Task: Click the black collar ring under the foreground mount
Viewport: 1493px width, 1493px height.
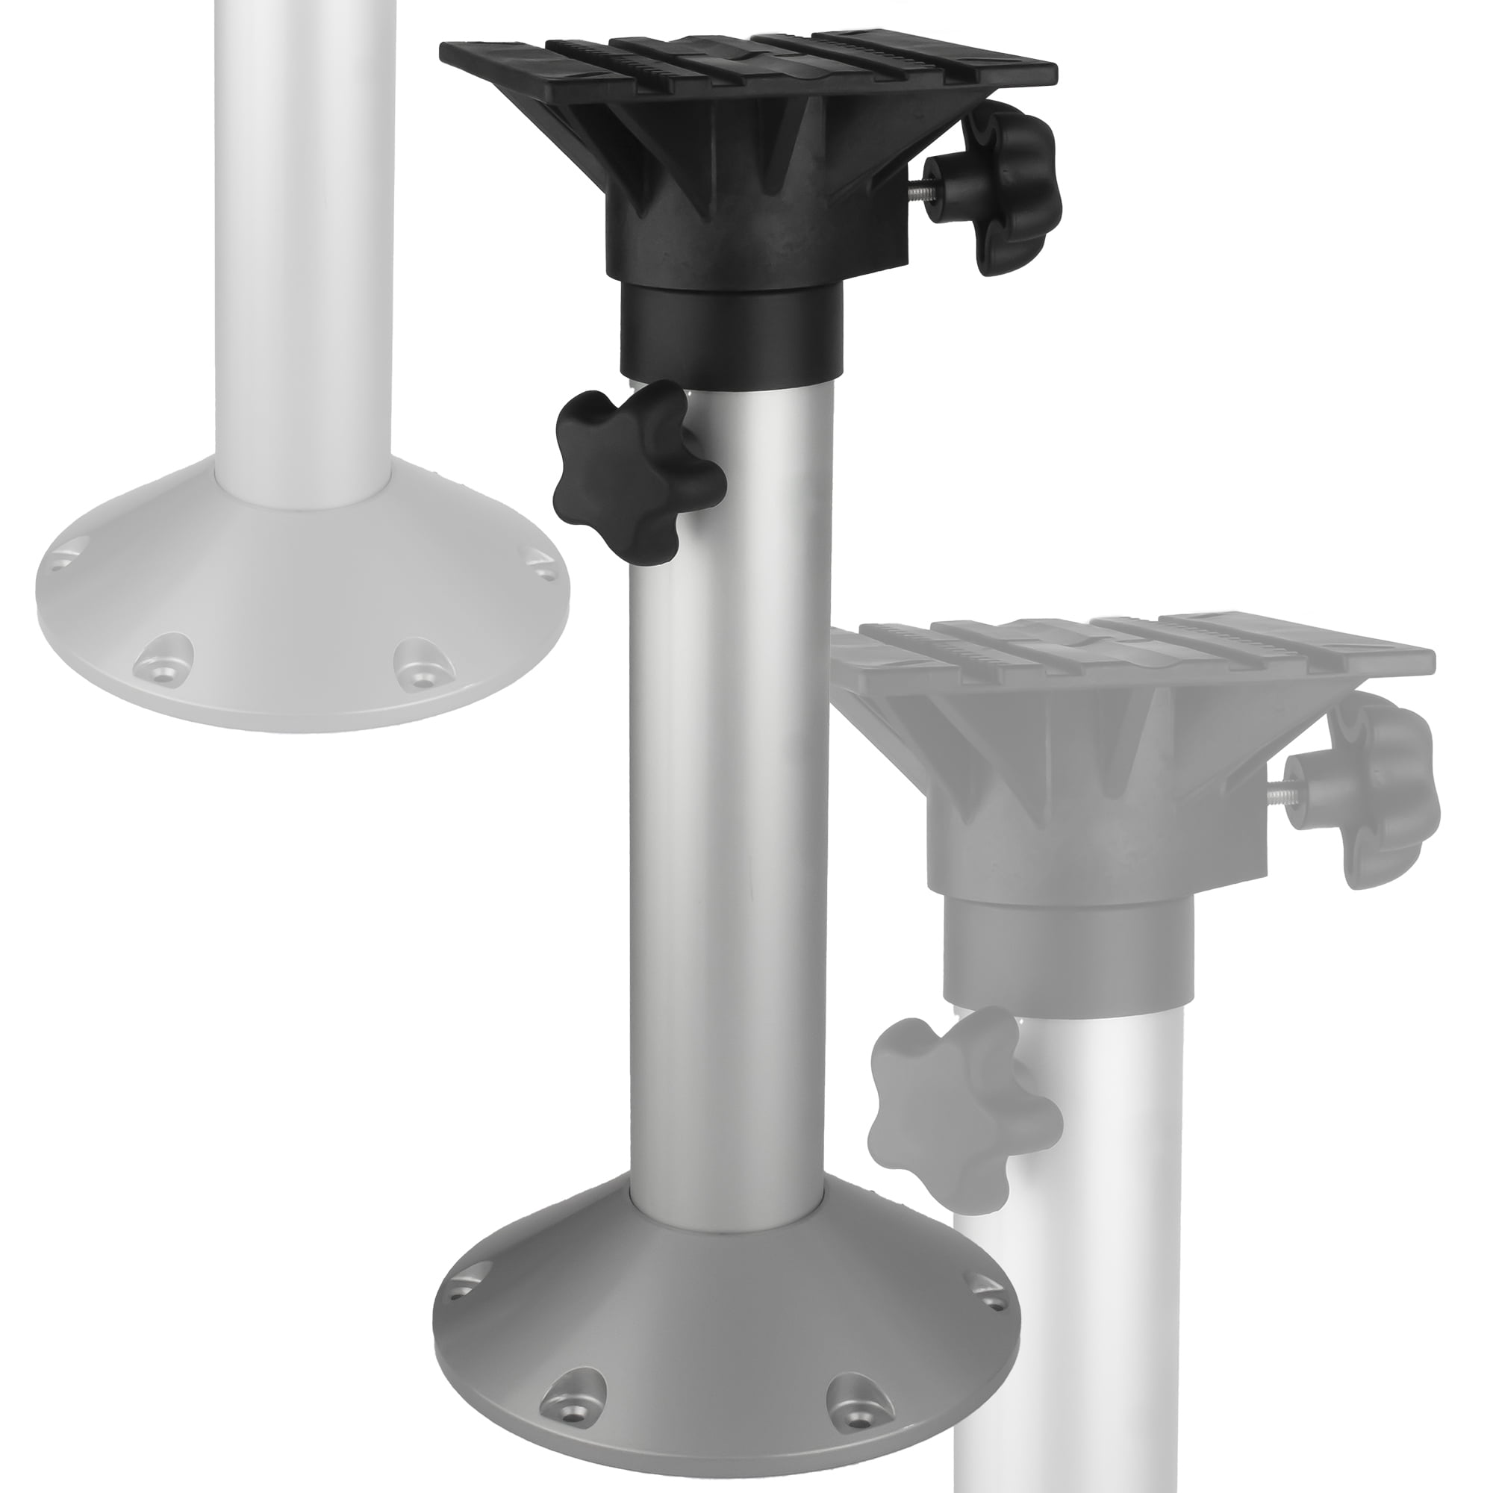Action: click(x=730, y=332)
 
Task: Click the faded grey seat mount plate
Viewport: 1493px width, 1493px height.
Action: click(x=1144, y=649)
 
